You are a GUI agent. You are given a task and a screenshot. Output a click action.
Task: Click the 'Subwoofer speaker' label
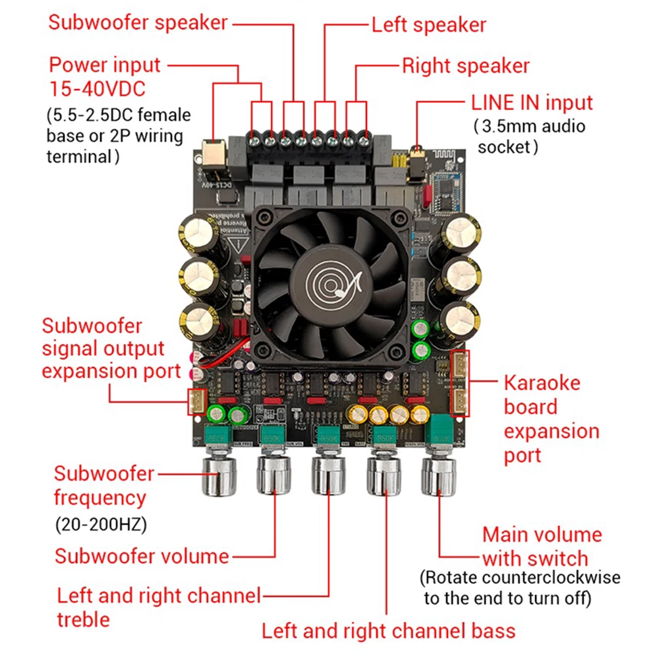(138, 22)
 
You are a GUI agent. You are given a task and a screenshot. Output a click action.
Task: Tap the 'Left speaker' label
(428, 25)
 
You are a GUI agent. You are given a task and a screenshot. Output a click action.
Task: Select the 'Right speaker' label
(465, 66)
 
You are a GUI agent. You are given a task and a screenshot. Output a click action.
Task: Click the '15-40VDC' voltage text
(97, 88)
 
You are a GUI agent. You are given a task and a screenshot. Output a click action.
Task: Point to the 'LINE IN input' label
(532, 103)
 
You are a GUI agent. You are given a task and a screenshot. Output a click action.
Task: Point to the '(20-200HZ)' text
(100, 525)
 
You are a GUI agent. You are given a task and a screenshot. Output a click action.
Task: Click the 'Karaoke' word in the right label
(542, 383)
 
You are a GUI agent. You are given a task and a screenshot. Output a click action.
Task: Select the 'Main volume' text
(542, 534)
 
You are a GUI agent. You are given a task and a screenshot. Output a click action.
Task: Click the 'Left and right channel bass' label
(388, 631)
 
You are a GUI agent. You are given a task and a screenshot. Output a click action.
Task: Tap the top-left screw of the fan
(265, 217)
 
